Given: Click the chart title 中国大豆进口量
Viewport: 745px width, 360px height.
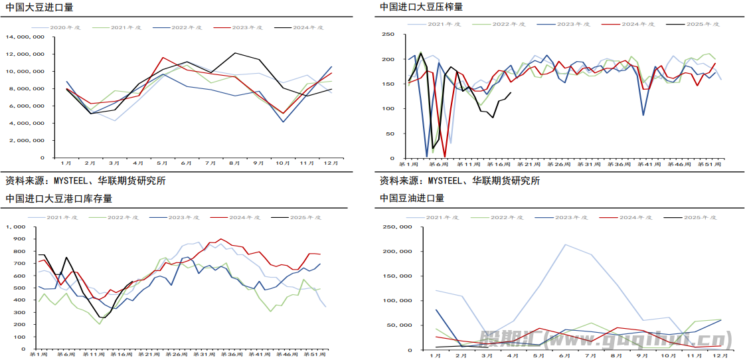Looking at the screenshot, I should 39,7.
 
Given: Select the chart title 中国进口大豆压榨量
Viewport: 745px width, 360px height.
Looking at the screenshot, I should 422,7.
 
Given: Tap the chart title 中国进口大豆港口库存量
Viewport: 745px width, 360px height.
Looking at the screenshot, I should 58,198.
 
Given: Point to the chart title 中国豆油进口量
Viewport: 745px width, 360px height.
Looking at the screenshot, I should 412,198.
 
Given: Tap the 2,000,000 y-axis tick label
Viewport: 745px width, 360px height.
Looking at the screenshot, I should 27,141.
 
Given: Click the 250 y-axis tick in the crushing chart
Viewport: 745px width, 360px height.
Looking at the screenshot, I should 388,35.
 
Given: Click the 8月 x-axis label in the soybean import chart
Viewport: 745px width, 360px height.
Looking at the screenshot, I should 235,163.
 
